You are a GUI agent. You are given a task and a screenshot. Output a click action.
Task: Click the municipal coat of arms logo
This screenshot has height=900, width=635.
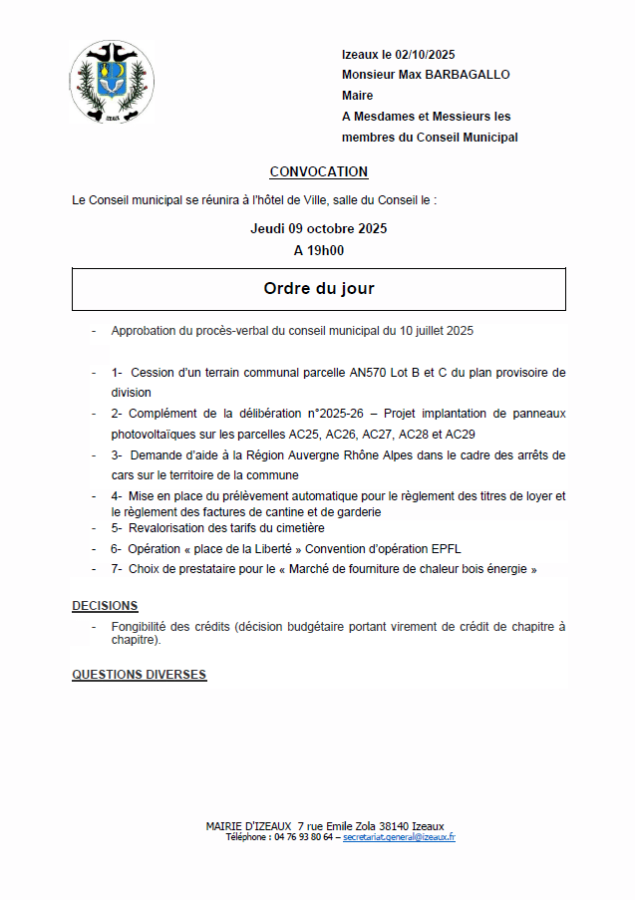111,82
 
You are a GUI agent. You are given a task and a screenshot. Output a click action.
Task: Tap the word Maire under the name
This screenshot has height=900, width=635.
357,96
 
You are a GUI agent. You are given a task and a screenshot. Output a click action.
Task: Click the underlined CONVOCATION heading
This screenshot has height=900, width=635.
318,171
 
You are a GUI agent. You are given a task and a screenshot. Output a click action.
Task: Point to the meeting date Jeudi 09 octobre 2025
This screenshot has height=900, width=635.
318,228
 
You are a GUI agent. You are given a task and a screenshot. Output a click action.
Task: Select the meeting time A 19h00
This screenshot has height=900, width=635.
318,250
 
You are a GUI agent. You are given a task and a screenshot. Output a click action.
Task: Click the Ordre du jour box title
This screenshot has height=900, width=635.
318,289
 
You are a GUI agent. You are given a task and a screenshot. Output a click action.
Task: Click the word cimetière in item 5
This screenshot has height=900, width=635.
298,528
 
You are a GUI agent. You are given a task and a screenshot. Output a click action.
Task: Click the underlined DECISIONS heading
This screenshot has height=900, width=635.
105,606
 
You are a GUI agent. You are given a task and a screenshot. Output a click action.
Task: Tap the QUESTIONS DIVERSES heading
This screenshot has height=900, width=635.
139,675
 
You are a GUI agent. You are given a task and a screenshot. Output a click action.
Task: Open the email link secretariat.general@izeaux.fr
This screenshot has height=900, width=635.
399,838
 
